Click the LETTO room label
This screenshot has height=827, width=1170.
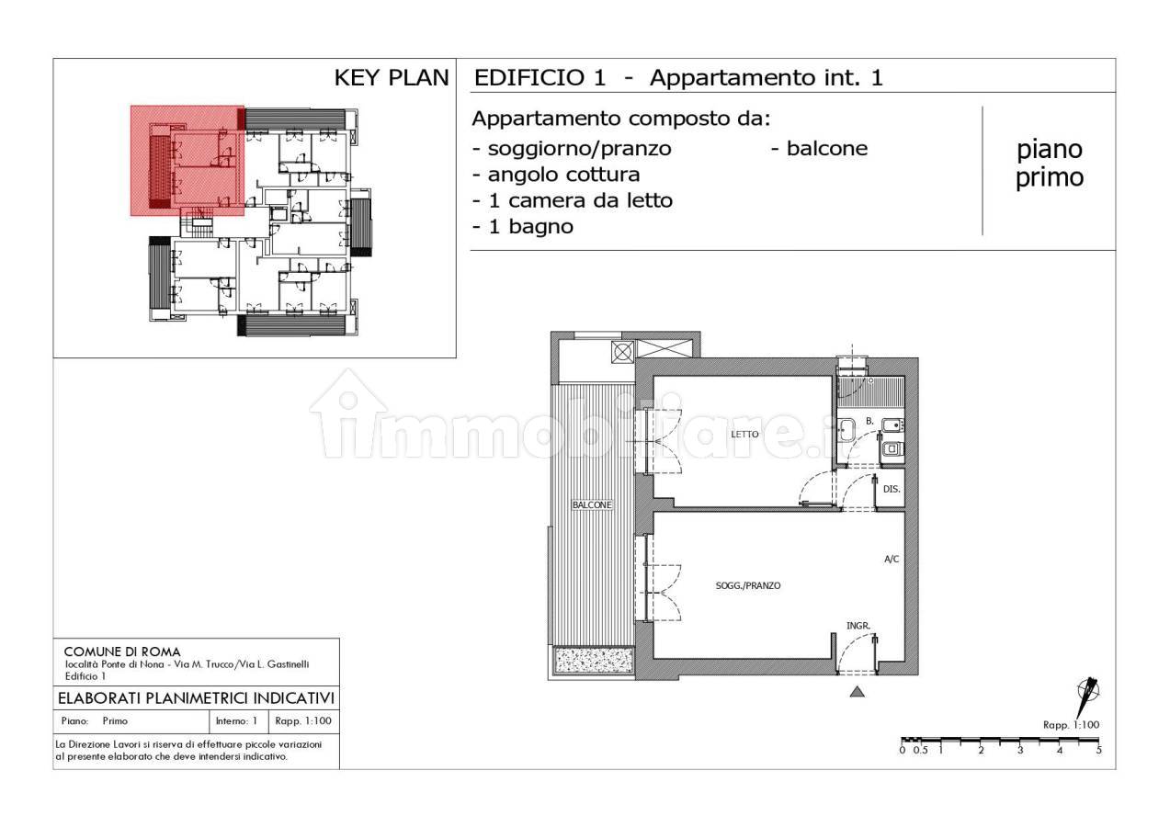[744, 435]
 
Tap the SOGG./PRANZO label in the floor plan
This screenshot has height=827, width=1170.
[748, 586]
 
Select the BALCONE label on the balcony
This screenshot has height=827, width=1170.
[592, 504]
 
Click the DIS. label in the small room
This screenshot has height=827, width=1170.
[892, 489]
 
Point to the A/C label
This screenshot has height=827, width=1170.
[892, 560]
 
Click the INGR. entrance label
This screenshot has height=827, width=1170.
[858, 626]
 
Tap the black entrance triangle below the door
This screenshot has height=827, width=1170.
[858, 692]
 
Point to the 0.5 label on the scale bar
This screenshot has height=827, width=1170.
[921, 750]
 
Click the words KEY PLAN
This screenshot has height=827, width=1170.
[392, 78]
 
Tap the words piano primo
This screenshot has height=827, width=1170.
[1050, 164]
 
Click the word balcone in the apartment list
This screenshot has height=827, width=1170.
[827, 148]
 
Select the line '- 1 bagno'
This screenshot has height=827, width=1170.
[523, 227]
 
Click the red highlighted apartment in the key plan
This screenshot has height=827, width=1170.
[187, 161]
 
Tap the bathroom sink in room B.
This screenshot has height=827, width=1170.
[846, 430]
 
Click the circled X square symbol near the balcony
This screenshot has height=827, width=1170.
[622, 352]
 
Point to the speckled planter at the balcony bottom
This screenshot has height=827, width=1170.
[595, 661]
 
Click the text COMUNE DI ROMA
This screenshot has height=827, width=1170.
[122, 651]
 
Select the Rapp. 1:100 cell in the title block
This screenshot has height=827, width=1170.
[303, 721]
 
